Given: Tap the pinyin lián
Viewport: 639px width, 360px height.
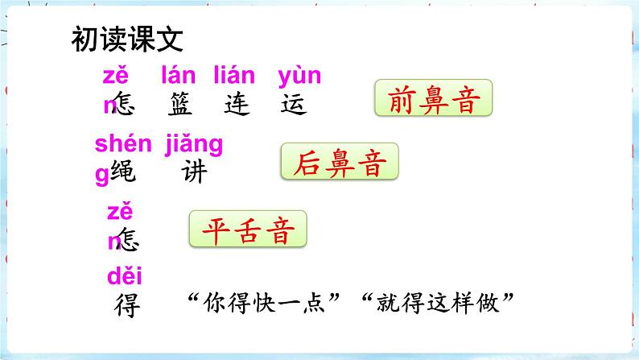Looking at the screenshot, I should click(x=234, y=77).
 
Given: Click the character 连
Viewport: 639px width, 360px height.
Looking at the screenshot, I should click(x=237, y=104).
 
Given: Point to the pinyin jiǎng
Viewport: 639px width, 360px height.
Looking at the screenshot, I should click(x=193, y=145).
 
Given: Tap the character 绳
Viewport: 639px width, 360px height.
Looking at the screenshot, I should click(x=123, y=172).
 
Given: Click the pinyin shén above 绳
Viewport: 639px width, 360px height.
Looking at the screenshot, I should click(x=123, y=145).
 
